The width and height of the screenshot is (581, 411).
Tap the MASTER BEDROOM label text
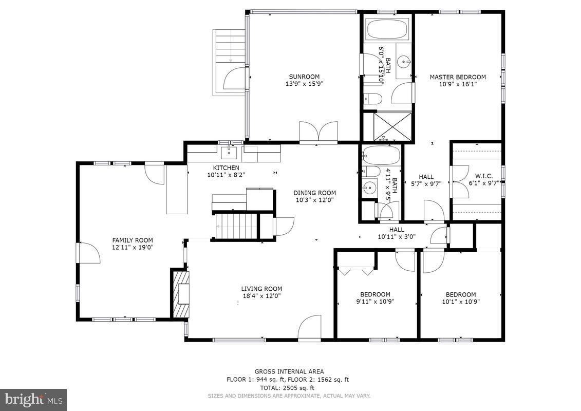click(x=457, y=77)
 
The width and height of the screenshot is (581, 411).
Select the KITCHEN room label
click(x=226, y=168)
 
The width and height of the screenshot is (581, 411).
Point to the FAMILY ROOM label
click(x=133, y=240)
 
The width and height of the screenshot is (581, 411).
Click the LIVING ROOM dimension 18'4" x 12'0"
click(x=261, y=295)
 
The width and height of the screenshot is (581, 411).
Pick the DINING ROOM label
click(x=314, y=193)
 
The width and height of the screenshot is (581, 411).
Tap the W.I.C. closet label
click(x=483, y=176)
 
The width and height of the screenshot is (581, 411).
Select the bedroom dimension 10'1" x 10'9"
click(x=460, y=302)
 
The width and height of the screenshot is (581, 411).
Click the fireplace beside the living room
click(x=181, y=294)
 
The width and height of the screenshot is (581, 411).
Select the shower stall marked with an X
click(x=388, y=126)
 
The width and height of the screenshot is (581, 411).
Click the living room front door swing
click(x=310, y=328)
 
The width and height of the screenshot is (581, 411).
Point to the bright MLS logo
click(x=33, y=400)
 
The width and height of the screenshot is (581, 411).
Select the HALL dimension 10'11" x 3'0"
click(x=397, y=237)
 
